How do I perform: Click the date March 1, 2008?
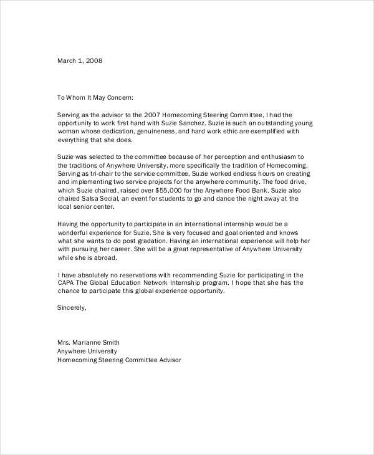click(80, 61)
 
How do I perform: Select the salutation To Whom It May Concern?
click(95, 97)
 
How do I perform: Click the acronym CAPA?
click(67, 283)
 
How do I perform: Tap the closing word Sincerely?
click(72, 307)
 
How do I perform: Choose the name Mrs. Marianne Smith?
click(88, 342)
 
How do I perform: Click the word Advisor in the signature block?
click(168, 360)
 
